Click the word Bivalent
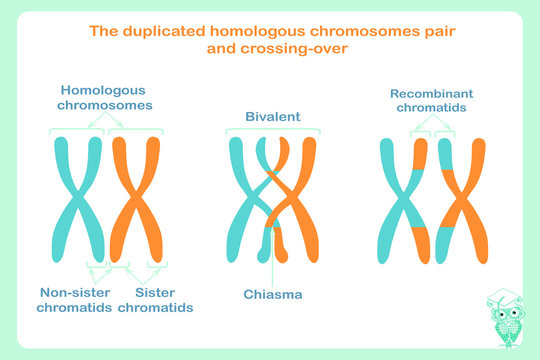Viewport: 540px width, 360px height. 273,117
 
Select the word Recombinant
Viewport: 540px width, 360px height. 431,94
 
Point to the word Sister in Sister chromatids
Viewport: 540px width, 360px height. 154,293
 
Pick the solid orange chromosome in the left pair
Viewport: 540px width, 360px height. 135,200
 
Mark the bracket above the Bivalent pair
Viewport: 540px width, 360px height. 272,129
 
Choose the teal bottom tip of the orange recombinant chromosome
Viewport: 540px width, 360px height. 448,246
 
